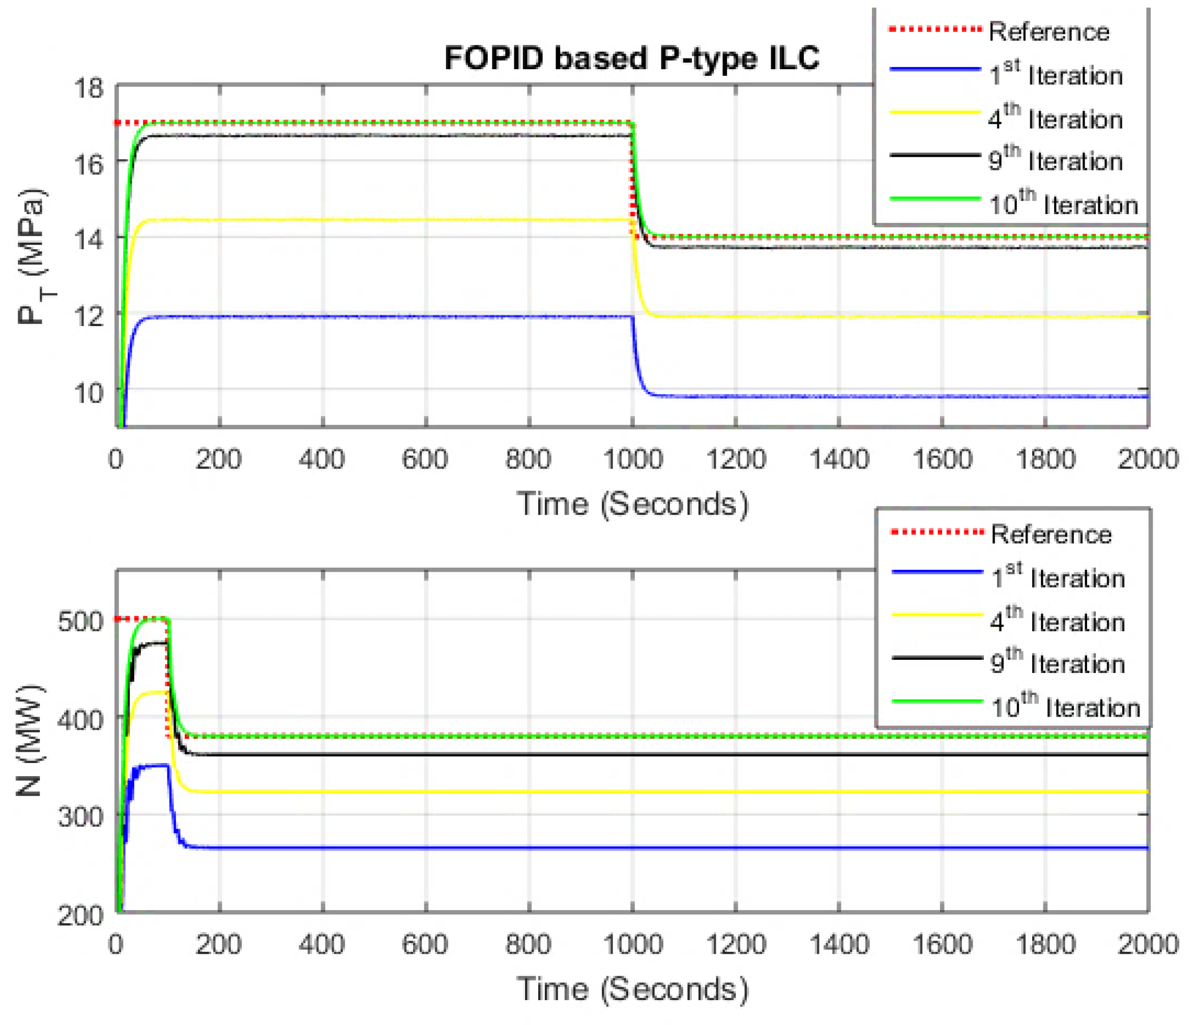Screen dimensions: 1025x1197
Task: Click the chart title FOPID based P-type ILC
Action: pyautogui.click(x=631, y=58)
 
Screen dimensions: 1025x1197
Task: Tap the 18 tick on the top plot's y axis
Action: pyautogui.click(x=89, y=88)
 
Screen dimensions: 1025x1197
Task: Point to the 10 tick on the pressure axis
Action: pyautogui.click(x=89, y=393)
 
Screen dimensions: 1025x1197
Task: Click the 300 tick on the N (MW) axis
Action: pyautogui.click(x=81, y=816)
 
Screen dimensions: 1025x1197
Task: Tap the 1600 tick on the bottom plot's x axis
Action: pyautogui.click(x=942, y=944)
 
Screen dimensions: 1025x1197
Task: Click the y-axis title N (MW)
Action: pyautogui.click(x=29, y=740)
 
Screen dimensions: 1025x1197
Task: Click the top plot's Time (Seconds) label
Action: pyautogui.click(x=632, y=504)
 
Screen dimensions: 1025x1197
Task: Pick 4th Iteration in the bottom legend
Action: pyautogui.click(x=1057, y=621)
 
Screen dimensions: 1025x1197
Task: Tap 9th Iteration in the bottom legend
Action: pyautogui.click(x=1057, y=663)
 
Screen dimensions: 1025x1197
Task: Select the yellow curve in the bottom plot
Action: pyautogui.click(x=578, y=792)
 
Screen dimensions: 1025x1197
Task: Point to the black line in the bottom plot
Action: pyautogui.click(x=578, y=754)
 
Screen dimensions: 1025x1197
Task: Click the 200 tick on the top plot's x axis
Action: pyautogui.click(x=218, y=459)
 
